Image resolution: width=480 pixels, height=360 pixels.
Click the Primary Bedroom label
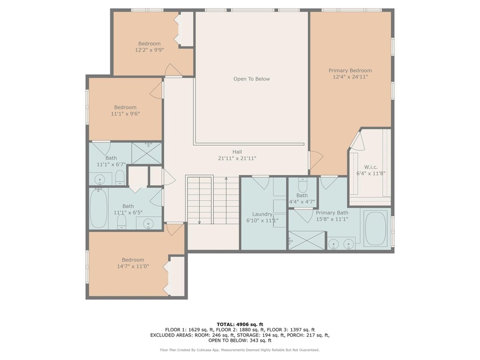tap(350, 70)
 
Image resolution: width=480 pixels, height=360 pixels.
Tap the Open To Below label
tap(252, 79)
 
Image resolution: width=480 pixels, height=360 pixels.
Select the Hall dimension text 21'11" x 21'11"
tap(237, 158)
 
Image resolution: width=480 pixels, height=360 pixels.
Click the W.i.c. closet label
tap(371, 167)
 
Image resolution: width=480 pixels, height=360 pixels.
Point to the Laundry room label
tap(262, 214)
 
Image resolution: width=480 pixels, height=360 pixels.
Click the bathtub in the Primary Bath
tap(375, 228)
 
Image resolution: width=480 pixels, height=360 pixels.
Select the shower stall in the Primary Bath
tap(307, 240)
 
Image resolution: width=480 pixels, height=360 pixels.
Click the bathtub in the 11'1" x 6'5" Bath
tap(98, 208)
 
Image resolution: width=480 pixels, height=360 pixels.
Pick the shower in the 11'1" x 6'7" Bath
tap(147, 153)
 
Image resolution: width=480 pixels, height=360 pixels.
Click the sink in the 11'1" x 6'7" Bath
tap(100, 179)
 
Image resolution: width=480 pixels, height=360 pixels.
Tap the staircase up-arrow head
tap(226, 178)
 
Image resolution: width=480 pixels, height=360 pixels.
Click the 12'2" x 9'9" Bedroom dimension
tap(150, 50)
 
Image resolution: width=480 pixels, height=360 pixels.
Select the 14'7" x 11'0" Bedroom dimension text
tap(133, 266)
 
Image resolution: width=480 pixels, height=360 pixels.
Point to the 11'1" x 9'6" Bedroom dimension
tap(125, 114)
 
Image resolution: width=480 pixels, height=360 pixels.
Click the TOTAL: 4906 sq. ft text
tap(240, 324)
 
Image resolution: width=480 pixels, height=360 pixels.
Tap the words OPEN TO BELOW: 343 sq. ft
tap(240, 340)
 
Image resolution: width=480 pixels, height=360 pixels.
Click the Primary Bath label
tap(332, 213)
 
